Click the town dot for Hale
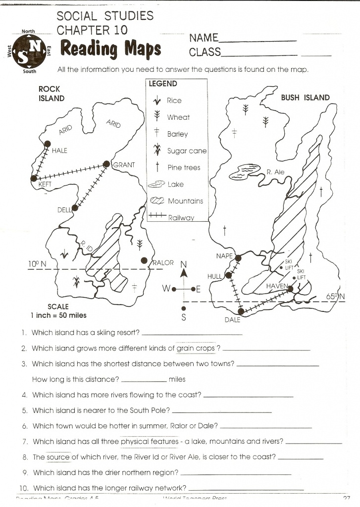(48, 144)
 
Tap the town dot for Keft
(34, 178)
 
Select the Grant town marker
(106, 164)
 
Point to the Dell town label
(64, 210)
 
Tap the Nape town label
(224, 256)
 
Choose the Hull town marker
(228, 275)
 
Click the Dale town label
(232, 320)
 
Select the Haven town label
(276, 287)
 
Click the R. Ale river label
(275, 172)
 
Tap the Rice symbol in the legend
(157, 101)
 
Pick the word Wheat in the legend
(178, 117)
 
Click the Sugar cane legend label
(187, 151)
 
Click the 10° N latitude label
(37, 264)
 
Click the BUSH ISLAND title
(305, 98)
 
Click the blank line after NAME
(257, 40)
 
